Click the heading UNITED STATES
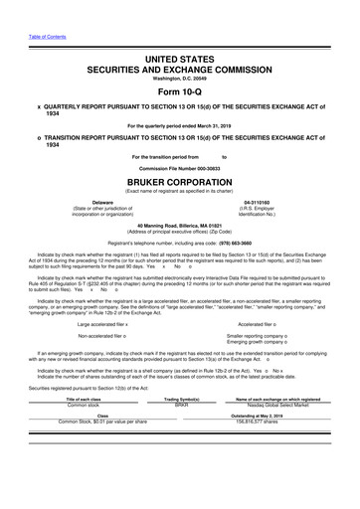click(x=180, y=33)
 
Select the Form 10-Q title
click(x=180, y=69)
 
